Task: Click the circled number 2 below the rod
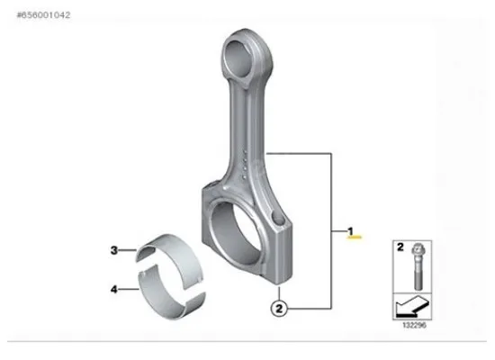pyautogui.click(x=280, y=308)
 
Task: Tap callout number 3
pyautogui.click(x=114, y=249)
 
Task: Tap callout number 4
pyautogui.click(x=114, y=290)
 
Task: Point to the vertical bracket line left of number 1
pyautogui.click(x=335, y=230)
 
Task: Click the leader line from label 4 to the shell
pyautogui.click(x=130, y=290)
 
